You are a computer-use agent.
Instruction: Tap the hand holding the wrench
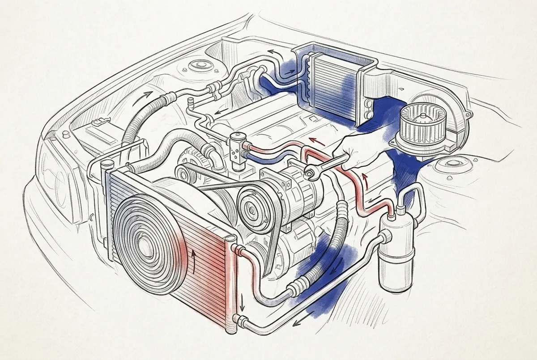(x=358, y=150)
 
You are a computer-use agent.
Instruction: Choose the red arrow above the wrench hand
(x=319, y=142)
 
